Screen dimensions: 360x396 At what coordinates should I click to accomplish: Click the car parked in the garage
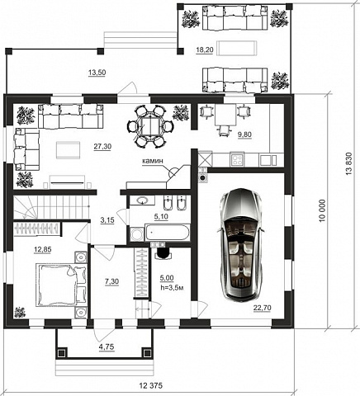tap(240, 245)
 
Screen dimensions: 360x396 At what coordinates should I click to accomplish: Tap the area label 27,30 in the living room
tap(102, 147)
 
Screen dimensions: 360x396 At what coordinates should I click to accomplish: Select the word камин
tap(153, 161)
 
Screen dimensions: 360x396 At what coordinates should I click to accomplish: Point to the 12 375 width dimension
tap(151, 385)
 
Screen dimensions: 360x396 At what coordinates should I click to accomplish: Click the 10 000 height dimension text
tap(323, 210)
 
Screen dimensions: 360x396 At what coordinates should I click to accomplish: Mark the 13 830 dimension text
tap(348, 163)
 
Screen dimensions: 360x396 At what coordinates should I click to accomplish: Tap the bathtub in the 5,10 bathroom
tap(168, 233)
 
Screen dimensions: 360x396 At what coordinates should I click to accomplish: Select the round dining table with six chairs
tap(150, 127)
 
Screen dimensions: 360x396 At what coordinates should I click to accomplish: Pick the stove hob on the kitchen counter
tap(237, 159)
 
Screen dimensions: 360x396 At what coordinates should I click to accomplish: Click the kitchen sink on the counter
tap(268, 160)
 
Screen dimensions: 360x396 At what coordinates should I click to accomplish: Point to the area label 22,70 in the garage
tap(262, 308)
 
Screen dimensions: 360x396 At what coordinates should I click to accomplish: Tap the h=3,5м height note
tap(172, 288)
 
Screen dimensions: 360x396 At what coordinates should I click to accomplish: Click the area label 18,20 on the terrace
tap(205, 49)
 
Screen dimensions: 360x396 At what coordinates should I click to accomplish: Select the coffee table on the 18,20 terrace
tap(236, 48)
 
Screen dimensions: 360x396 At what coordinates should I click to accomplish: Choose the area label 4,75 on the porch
tap(107, 346)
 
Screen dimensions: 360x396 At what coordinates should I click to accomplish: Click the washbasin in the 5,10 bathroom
tap(142, 200)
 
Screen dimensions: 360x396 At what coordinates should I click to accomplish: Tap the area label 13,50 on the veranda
tap(97, 73)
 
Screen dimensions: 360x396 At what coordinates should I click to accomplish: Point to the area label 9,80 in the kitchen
tap(244, 134)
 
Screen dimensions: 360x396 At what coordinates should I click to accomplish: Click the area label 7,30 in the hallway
tap(112, 281)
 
